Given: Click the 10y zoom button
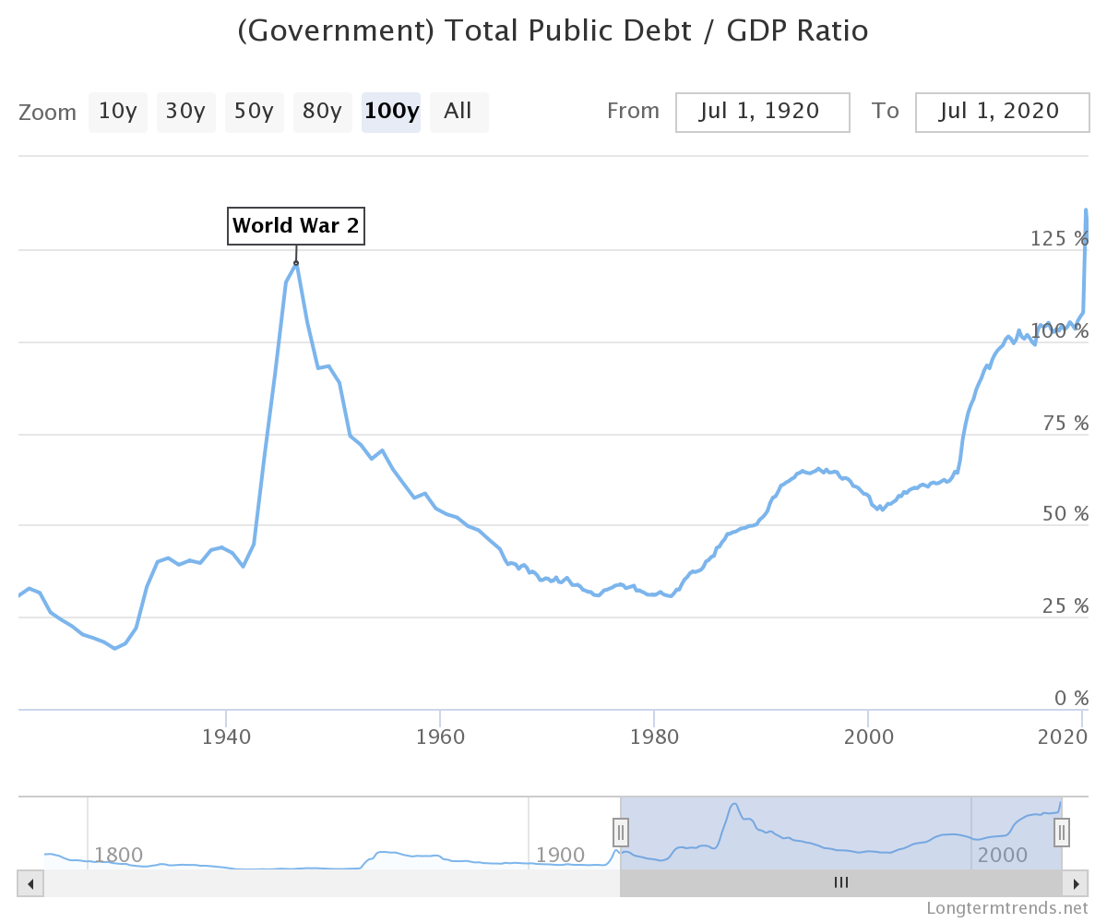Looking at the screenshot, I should (x=117, y=112).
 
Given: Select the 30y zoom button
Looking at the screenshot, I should (x=185, y=112).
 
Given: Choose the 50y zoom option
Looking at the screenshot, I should (x=254, y=112).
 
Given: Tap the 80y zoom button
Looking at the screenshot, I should (x=322, y=112).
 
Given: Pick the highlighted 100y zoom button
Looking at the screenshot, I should (x=391, y=112).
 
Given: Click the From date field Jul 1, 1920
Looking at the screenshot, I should (x=762, y=112).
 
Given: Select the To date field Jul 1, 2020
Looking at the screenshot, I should (x=1002, y=112).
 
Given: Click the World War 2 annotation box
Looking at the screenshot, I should (x=296, y=225).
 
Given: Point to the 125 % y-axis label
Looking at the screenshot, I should (x=1059, y=239).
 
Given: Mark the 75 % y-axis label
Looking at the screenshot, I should (x=1065, y=424).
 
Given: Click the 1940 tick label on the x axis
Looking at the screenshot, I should (x=226, y=737).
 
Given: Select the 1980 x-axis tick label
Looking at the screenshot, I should (x=654, y=737).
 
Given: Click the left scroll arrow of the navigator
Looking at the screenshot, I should (x=30, y=883).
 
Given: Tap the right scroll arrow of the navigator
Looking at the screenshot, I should (x=1075, y=883).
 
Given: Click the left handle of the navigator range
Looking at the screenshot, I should (x=621, y=832).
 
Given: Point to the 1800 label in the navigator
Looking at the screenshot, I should (x=119, y=855).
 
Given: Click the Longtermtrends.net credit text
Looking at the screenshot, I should (x=1007, y=908).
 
